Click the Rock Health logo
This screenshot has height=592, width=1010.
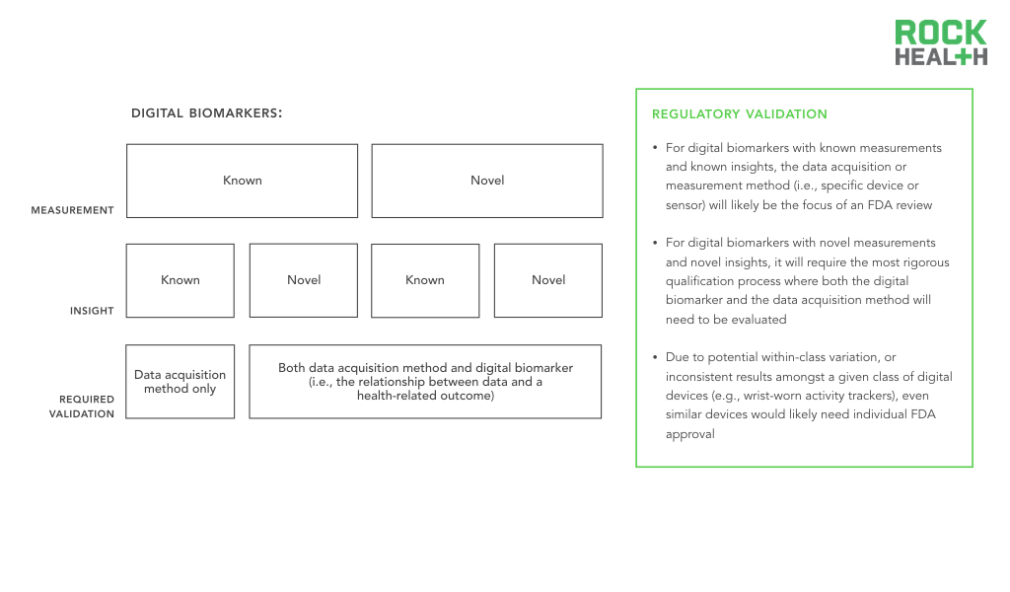click(x=940, y=42)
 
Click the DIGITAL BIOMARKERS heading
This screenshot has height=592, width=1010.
click(x=207, y=113)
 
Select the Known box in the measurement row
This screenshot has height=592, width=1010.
click(x=243, y=181)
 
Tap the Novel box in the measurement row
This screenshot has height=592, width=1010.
click(x=487, y=181)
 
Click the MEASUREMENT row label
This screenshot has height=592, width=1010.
click(x=72, y=210)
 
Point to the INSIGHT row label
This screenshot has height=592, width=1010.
click(x=92, y=311)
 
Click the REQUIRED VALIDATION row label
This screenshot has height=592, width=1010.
click(x=82, y=407)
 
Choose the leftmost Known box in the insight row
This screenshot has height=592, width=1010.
click(x=180, y=281)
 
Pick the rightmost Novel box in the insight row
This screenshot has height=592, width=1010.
click(x=548, y=281)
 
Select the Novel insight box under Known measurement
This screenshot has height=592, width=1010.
click(x=304, y=281)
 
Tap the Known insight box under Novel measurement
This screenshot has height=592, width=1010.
click(x=425, y=281)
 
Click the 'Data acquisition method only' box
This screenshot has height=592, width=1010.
click(x=180, y=382)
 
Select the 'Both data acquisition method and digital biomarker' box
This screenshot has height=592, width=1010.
click(x=426, y=382)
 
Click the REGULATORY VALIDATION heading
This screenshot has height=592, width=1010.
click(x=740, y=114)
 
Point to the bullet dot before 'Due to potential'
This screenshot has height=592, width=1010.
click(x=655, y=356)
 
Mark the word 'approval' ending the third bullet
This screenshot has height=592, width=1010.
click(x=689, y=434)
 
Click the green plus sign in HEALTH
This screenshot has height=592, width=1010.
click(x=962, y=56)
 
